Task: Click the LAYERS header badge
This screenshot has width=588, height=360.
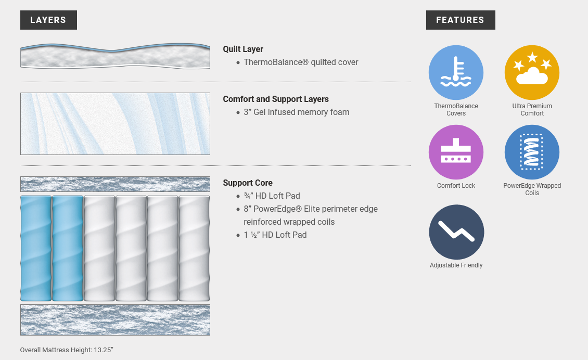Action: pos(48,20)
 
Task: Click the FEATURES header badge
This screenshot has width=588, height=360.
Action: pos(461,20)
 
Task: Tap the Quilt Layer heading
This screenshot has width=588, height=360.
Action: pos(243,49)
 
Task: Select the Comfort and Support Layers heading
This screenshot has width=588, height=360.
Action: pos(276,99)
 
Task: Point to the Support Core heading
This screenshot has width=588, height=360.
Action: pos(248,183)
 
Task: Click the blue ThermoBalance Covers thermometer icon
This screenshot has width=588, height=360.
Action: pos(456,73)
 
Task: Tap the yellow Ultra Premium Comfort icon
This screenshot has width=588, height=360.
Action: pos(532,73)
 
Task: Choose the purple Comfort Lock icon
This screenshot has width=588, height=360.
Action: pos(456,152)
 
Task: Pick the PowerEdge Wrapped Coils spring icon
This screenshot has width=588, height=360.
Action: pos(532,152)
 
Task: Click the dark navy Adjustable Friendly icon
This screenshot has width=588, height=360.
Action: pos(456,232)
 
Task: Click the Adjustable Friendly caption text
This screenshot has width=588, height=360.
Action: pos(456,265)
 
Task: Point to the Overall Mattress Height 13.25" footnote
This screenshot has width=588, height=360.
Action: pos(67,350)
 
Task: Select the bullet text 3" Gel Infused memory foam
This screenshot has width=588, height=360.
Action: pos(297,112)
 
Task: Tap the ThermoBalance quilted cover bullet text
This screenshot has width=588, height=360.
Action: pos(301,62)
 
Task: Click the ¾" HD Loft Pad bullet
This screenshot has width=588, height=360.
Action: pos(272,196)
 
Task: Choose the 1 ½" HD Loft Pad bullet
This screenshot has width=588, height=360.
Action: pos(275,235)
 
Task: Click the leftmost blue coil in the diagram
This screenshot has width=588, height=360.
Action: pos(36,248)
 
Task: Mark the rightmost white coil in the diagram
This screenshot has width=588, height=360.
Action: pos(194,248)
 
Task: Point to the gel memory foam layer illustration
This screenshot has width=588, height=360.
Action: pos(115,124)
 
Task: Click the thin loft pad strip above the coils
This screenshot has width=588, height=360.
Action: pos(115,184)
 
